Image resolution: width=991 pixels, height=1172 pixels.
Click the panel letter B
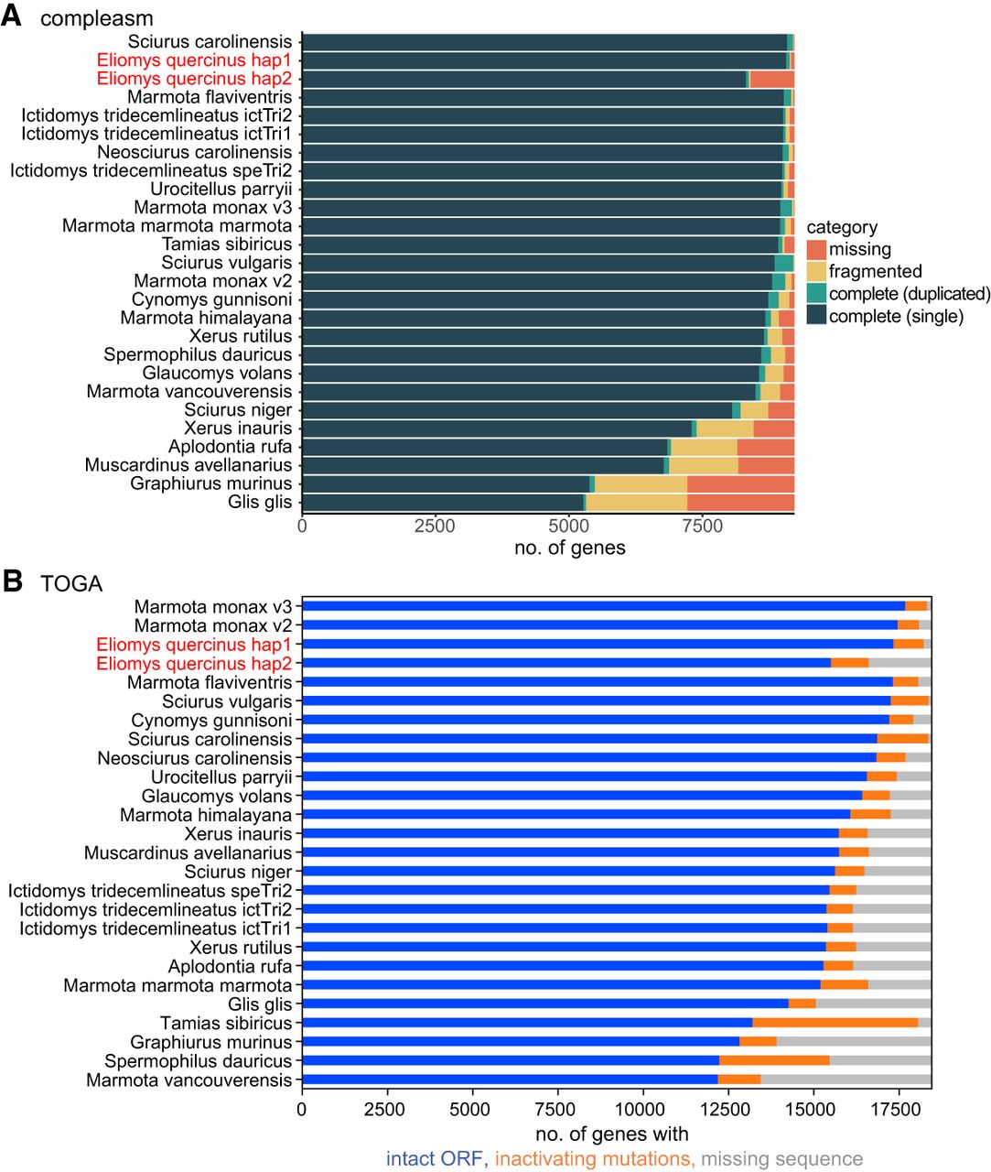(12, 581)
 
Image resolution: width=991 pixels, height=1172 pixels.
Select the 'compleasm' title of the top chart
(96, 18)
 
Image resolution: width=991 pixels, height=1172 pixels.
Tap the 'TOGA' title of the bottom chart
(71, 584)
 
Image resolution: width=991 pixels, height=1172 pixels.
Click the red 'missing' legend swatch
(816, 249)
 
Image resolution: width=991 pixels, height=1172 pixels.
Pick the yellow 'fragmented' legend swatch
(816, 271)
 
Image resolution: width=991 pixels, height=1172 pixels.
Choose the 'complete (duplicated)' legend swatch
(816, 293)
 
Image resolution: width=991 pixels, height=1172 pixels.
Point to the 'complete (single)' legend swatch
(816, 316)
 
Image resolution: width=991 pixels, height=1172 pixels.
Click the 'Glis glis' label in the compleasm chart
(260, 502)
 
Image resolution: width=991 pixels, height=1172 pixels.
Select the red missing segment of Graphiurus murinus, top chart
(739, 483)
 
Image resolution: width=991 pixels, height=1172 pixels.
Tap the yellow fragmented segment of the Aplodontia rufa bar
(703, 447)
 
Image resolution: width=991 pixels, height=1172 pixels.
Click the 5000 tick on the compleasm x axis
(568, 526)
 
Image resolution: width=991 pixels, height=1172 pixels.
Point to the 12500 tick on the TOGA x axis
(727, 1109)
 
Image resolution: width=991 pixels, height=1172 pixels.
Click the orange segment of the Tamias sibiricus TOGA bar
(835, 1023)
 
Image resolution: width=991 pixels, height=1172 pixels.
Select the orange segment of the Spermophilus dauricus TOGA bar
(774, 1061)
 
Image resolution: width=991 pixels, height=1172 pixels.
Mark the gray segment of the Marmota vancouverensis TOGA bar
(846, 1080)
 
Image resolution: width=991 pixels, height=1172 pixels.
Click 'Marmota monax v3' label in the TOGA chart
(212, 607)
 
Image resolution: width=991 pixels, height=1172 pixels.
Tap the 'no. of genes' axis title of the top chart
(569, 548)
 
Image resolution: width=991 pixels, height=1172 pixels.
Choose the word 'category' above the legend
(841, 227)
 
